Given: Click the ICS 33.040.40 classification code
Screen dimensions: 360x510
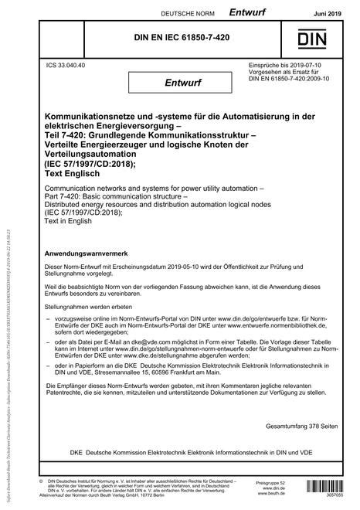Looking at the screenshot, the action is (66, 66).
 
